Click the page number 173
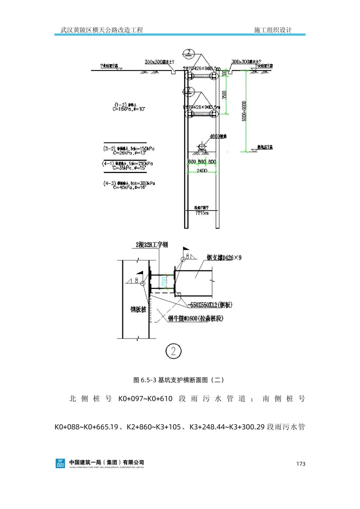pos(301,464)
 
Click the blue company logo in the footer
pos(60,463)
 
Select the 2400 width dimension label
pos(202,171)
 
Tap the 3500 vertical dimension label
pos(224,95)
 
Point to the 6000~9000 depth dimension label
pos(244,111)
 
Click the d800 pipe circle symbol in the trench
pos(201,146)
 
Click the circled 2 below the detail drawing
pos(173,351)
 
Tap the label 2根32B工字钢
pos(152,245)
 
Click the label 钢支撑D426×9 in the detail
pos(224,258)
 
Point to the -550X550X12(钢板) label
pos(210,305)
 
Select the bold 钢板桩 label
pos(138,310)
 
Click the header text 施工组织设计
pos(273,30)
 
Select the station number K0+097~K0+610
pos(145,399)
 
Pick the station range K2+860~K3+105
pos(154,427)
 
